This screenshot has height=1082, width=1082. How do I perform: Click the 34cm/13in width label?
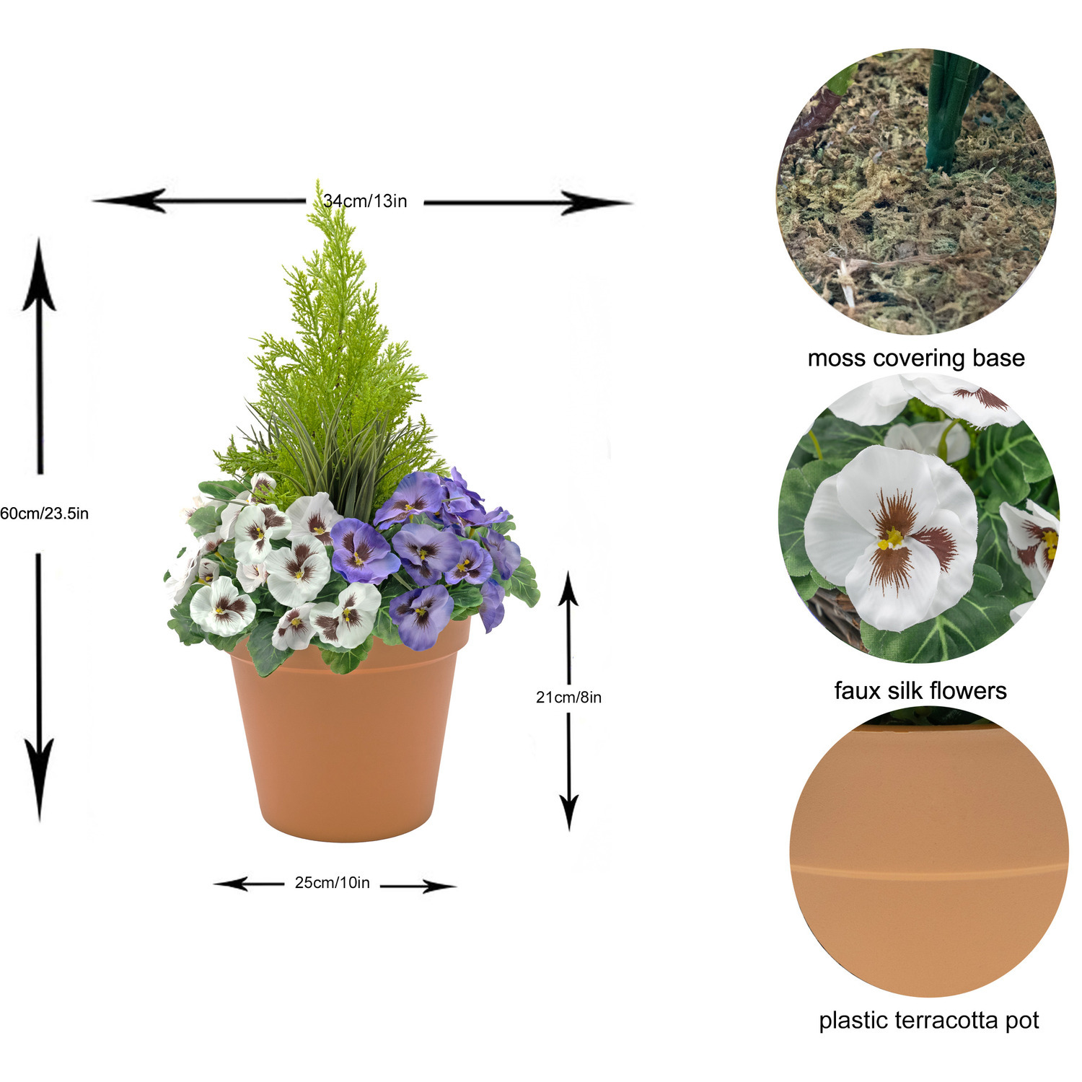tap(365, 201)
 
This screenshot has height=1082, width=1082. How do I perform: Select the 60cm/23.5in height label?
tap(44, 514)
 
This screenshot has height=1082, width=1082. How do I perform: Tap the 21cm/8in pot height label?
tap(568, 697)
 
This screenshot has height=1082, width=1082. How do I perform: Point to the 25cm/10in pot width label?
tap(332, 883)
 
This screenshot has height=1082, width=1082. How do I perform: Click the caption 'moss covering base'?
tap(916, 358)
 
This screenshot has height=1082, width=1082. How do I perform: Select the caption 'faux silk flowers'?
tap(920, 690)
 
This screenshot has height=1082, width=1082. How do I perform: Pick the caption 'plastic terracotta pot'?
tap(929, 1021)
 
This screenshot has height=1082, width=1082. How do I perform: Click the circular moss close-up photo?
tap(916, 191)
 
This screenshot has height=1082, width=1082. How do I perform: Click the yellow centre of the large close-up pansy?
tap(893, 538)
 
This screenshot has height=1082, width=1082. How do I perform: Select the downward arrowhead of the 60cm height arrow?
tap(39, 783)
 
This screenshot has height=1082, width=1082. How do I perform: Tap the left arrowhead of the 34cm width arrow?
tap(130, 201)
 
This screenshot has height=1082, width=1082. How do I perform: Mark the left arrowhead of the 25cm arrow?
tap(231, 884)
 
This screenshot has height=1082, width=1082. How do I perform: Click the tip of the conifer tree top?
tap(317, 181)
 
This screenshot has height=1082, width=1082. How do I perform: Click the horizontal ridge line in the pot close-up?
tap(929, 869)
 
